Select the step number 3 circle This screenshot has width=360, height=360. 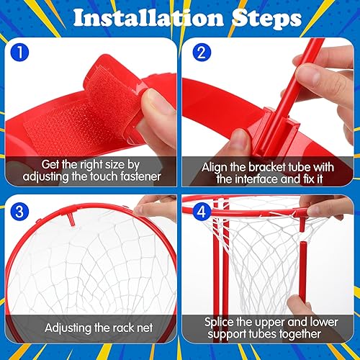[x=20, y=210]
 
